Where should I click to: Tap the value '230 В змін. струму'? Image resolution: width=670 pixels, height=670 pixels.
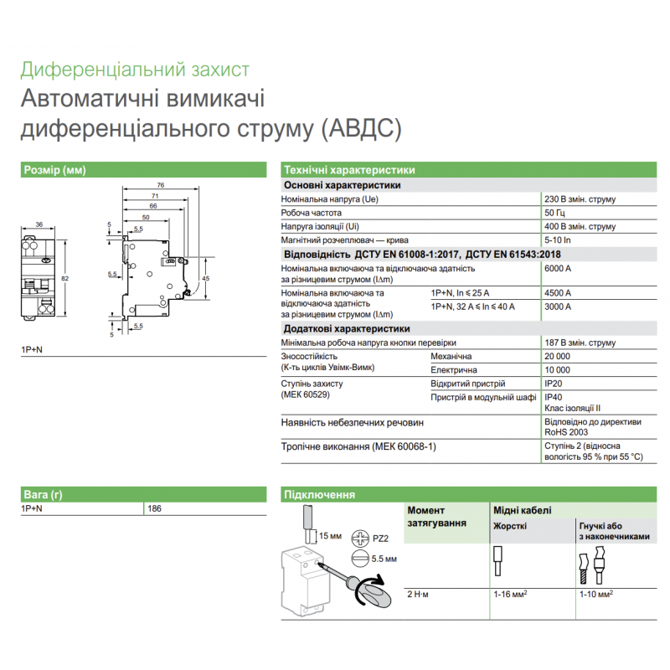pos(580,199)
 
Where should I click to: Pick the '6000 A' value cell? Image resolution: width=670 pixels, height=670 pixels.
pos(558,269)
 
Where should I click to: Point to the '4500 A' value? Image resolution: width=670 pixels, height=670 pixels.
pos(558,293)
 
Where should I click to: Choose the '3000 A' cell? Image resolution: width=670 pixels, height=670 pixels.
pos(558,307)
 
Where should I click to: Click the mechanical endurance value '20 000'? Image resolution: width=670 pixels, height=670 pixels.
pos(558,356)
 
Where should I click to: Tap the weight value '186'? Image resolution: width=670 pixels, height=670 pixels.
pos(154,508)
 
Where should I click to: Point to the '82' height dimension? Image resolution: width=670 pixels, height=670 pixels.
pos(64,277)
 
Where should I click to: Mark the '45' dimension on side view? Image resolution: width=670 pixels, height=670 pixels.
pos(206,278)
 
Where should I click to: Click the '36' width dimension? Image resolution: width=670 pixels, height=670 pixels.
pos(39,224)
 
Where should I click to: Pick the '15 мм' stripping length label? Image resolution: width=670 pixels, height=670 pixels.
pos(331,534)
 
